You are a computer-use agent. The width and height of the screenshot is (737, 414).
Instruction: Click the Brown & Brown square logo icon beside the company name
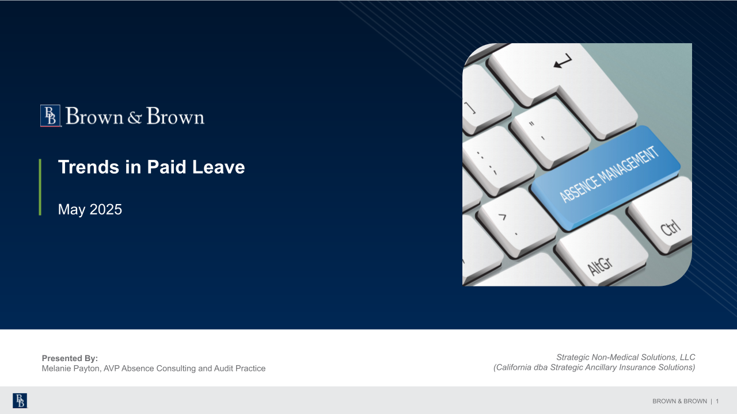pos(50,116)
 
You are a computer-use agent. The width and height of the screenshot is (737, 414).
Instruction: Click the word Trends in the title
pos(89,167)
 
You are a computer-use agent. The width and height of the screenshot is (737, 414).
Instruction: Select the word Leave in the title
pos(218,167)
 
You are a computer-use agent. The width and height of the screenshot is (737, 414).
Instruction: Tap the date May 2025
pos(90,209)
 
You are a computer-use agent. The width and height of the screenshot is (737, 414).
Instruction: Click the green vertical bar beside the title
pos(40,187)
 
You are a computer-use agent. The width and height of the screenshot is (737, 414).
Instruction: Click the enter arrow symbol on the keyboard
pos(563,61)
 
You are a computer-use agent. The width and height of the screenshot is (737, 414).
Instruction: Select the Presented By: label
pos(70,358)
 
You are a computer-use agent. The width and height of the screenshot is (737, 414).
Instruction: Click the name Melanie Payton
pos(71,369)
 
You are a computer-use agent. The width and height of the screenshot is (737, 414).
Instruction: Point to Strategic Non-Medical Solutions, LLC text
pos(625,357)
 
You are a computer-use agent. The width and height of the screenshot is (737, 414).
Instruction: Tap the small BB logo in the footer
pos(20,401)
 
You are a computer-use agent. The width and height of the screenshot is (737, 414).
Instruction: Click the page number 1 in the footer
pos(717,401)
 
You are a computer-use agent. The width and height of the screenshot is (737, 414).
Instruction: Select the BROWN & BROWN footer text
pos(679,401)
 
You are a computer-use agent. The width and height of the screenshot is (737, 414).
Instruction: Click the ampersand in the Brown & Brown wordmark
pos(135,117)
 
